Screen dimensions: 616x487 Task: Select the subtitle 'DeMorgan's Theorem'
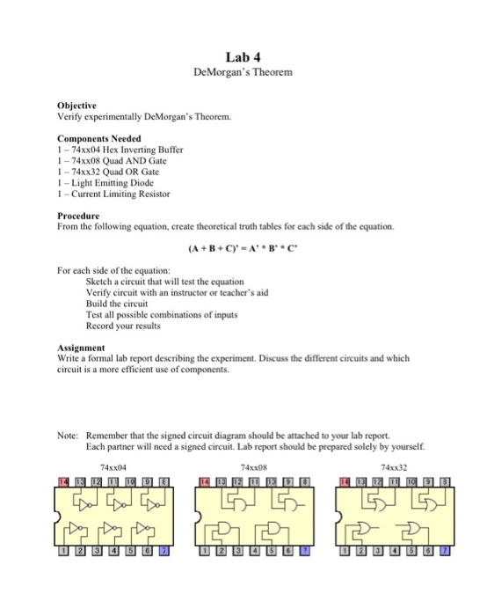243,72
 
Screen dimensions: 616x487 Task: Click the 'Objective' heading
77,105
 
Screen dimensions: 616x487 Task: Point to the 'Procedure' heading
78,216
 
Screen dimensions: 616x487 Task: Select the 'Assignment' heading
82,348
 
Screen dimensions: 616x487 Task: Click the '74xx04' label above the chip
113,467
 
